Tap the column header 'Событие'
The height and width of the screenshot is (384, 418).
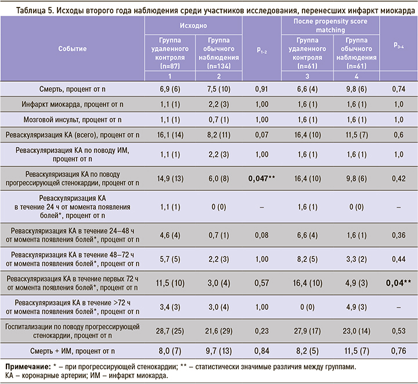pos(73,49)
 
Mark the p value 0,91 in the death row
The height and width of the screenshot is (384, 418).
pos(262,88)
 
